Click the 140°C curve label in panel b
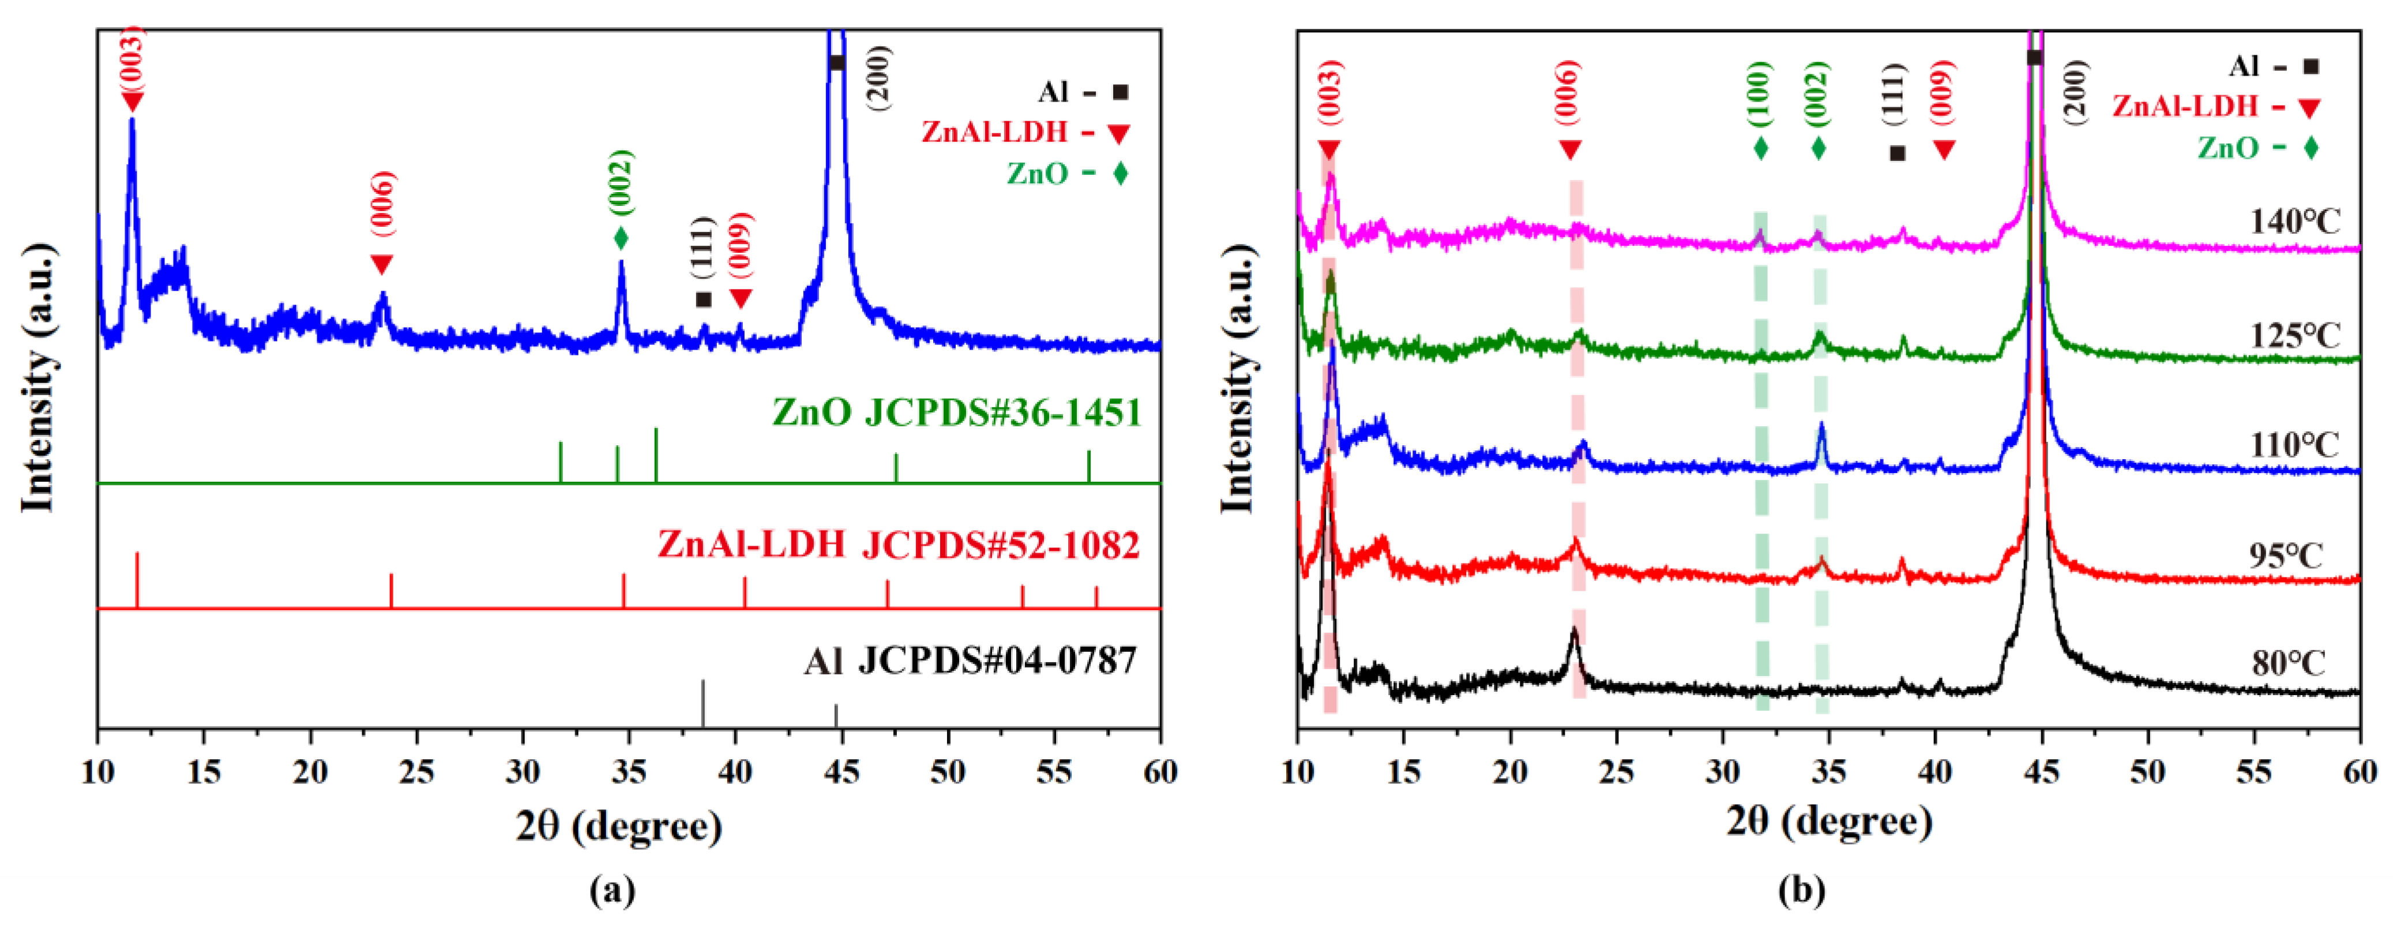point(2294,221)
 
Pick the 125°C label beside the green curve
point(2294,335)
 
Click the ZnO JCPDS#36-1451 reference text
point(956,412)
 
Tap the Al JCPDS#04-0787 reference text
point(970,661)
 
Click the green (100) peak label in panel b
point(1760,97)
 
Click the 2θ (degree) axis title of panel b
point(1829,822)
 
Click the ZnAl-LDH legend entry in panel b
point(2215,107)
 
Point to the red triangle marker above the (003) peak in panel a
point(132,102)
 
